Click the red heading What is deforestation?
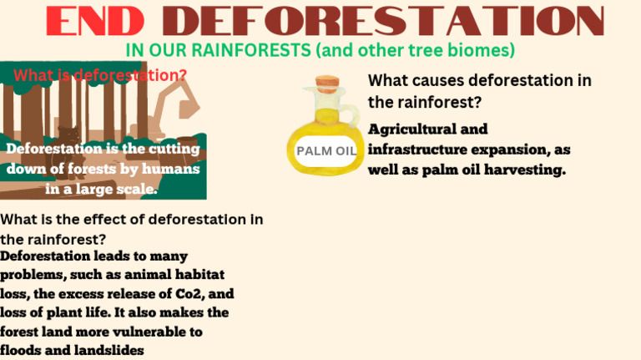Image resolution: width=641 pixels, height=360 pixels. click(x=100, y=75)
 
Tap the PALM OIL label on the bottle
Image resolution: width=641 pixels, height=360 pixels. click(x=326, y=151)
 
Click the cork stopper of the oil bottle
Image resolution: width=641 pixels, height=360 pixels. click(x=326, y=84)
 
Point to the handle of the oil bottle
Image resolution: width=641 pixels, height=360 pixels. click(x=345, y=118)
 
